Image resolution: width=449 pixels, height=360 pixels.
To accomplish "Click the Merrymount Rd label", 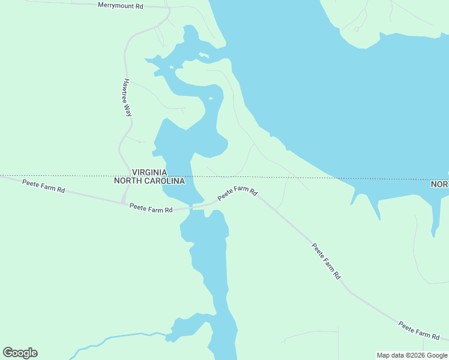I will pos(121,5).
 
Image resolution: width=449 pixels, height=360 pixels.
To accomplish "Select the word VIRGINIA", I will pos(150,172).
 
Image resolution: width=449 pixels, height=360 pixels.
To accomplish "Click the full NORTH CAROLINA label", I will pos(149,181).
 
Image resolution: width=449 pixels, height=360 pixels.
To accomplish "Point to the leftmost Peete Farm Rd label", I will pos(43,185).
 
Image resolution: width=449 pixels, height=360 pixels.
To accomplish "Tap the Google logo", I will pos(20,353).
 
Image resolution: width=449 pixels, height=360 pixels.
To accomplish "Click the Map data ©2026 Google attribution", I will pos(412,355).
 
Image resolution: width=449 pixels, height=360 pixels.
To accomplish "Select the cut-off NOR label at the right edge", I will pos(440,184).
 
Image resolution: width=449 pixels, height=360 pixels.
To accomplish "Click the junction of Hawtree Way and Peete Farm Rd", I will pos(124,202).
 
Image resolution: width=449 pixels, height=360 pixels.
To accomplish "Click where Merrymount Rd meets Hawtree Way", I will pos(169,8).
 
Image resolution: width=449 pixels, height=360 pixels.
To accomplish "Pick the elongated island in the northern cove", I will pos(204,56).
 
